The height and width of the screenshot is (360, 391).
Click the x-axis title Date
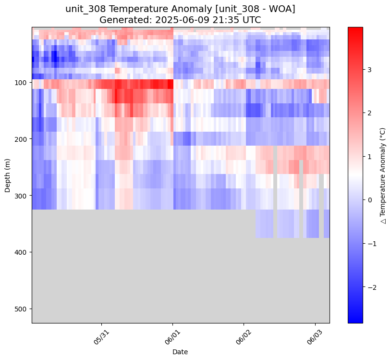(x=180, y=352)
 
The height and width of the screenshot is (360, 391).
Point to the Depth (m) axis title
(x=8, y=175)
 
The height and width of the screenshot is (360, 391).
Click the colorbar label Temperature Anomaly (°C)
(x=383, y=175)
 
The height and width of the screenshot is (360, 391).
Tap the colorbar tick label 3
(x=369, y=70)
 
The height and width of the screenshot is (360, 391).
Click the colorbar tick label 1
(x=369, y=157)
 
